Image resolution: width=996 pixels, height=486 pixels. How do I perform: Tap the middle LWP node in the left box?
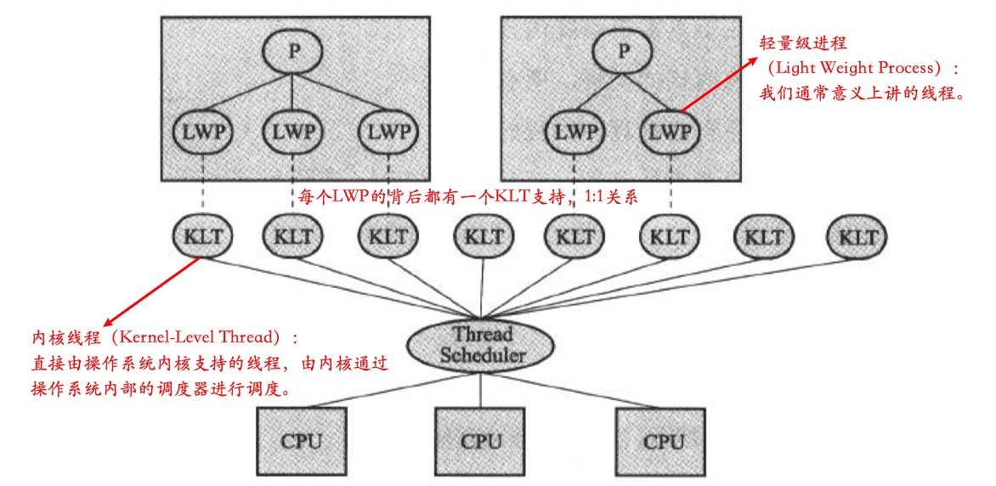(292, 132)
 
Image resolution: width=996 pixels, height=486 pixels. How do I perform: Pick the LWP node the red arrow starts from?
(671, 132)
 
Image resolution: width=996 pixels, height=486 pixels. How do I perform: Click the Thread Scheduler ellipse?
(482, 344)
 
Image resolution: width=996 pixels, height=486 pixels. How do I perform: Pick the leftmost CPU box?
(301, 441)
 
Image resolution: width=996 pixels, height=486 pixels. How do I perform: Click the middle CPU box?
(482, 441)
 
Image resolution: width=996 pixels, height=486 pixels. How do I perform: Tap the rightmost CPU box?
(663, 441)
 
